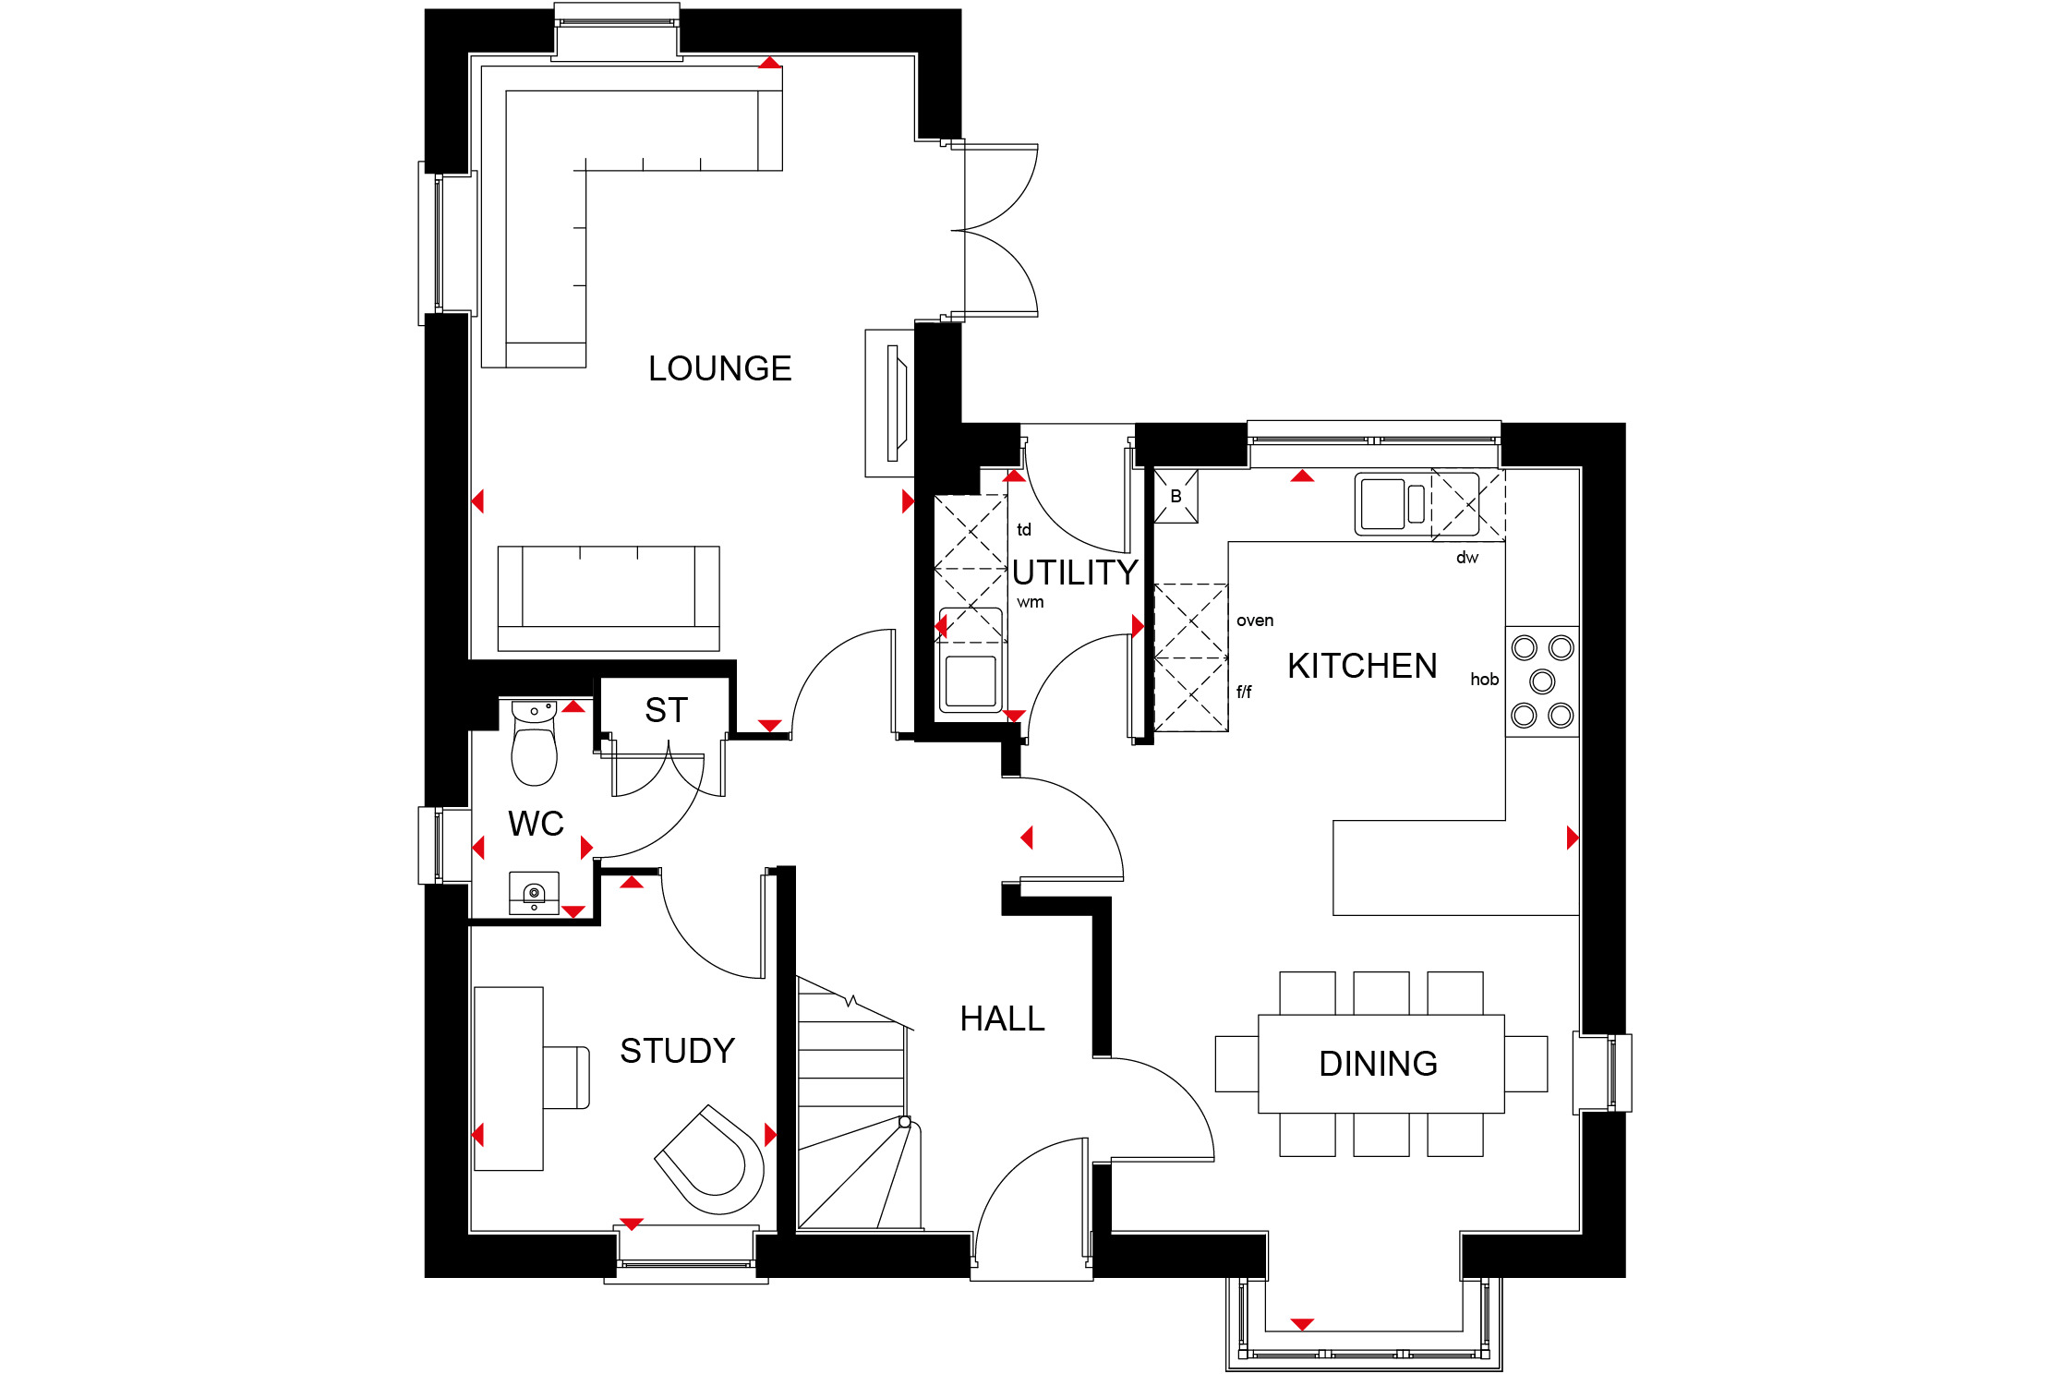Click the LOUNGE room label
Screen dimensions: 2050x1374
click(719, 368)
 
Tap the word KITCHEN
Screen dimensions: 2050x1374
click(1362, 666)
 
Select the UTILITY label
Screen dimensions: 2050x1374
click(1075, 572)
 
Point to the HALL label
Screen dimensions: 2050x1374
click(1002, 1018)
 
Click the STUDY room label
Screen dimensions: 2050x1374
click(677, 1051)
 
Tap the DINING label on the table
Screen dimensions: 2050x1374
click(1378, 1064)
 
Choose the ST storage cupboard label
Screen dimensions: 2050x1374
click(666, 710)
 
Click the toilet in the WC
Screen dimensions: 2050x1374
click(534, 743)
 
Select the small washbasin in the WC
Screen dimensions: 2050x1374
click(534, 894)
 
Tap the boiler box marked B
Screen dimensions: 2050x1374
click(1176, 496)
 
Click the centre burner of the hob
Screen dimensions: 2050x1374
click(1542, 681)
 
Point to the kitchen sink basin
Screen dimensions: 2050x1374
click(1382, 503)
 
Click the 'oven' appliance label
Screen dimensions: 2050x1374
click(1255, 621)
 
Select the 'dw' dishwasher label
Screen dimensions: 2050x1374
click(1467, 558)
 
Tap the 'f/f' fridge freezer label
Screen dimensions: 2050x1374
click(1244, 692)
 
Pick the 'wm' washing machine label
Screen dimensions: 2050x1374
click(1031, 602)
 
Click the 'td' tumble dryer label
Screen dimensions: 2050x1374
click(1024, 530)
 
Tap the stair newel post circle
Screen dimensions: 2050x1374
click(905, 1122)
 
